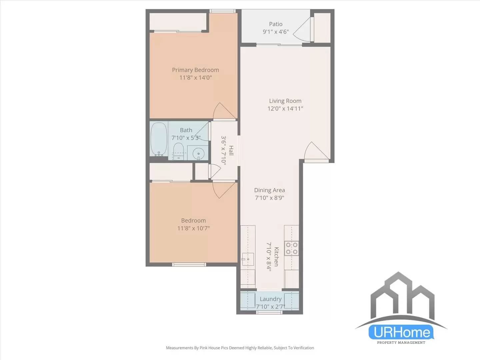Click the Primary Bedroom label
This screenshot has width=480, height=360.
[x=195, y=70]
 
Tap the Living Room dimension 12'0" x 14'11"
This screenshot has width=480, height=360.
[x=285, y=108]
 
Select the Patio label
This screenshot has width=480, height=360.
[x=276, y=24]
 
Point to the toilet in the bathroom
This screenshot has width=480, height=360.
[x=179, y=152]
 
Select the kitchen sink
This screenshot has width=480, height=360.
[x=248, y=259]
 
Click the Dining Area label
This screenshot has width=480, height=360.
[x=269, y=190]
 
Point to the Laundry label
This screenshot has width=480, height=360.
[x=270, y=299]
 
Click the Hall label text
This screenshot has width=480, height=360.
[x=231, y=150]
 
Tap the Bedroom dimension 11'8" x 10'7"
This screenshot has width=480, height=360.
[x=193, y=228]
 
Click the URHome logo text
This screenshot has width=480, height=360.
[x=401, y=332]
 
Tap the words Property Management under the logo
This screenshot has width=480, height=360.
[x=401, y=342]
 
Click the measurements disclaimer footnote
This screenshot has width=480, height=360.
[x=240, y=348]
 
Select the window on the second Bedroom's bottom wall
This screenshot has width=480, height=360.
[x=189, y=265]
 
